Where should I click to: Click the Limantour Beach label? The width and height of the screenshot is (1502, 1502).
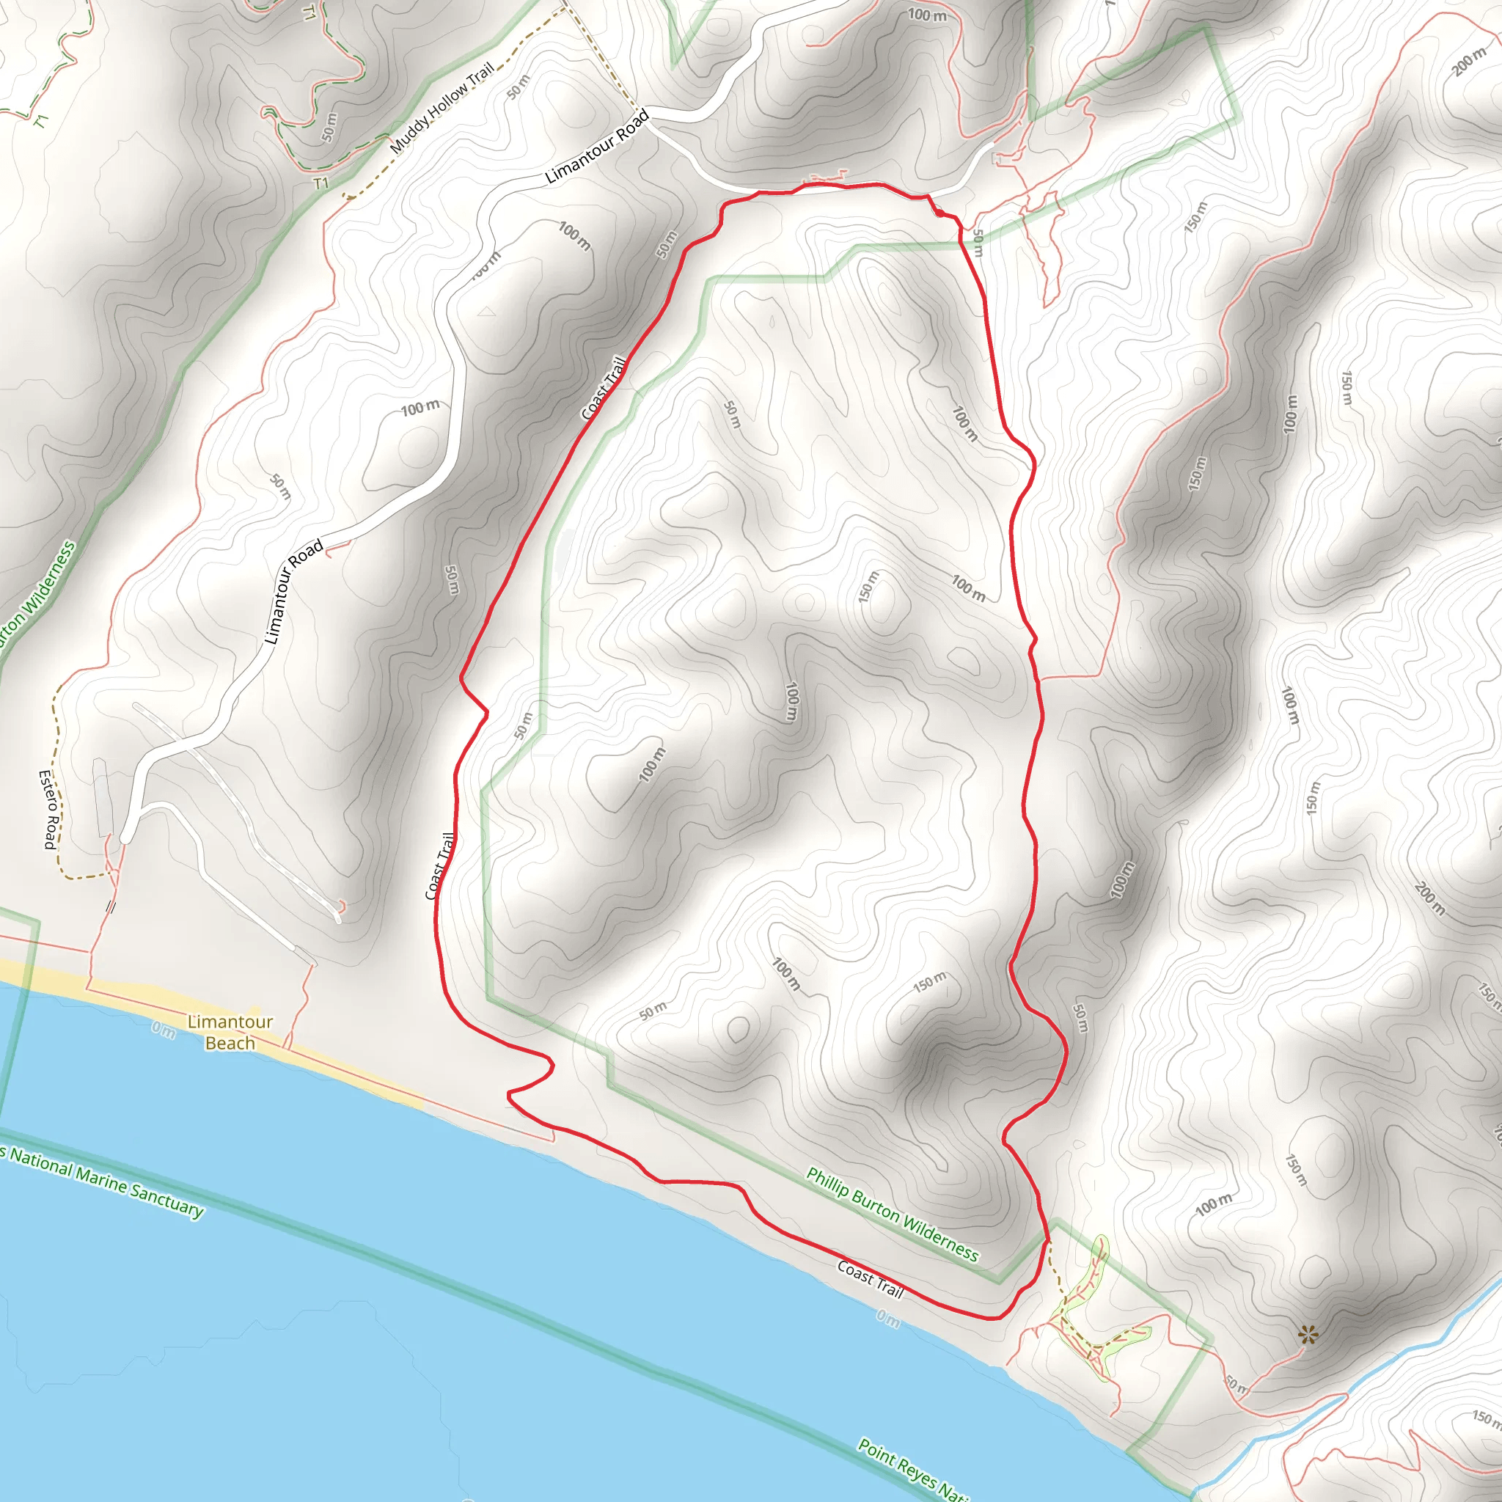click(x=230, y=1033)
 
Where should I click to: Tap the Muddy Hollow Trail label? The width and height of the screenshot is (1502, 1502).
click(x=442, y=108)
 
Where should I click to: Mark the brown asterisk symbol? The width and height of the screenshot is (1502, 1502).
click(x=1308, y=1336)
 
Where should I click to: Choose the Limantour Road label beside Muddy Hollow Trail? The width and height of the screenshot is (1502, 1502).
click(x=596, y=147)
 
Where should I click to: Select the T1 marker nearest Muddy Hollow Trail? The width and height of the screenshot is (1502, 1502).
click(x=321, y=183)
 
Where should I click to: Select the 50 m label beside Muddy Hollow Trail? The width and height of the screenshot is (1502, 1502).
click(x=519, y=87)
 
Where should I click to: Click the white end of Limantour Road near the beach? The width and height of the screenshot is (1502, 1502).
click(x=125, y=838)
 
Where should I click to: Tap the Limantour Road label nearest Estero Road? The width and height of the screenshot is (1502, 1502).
click(x=293, y=592)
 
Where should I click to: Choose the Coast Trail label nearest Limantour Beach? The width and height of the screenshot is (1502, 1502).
click(x=440, y=866)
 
